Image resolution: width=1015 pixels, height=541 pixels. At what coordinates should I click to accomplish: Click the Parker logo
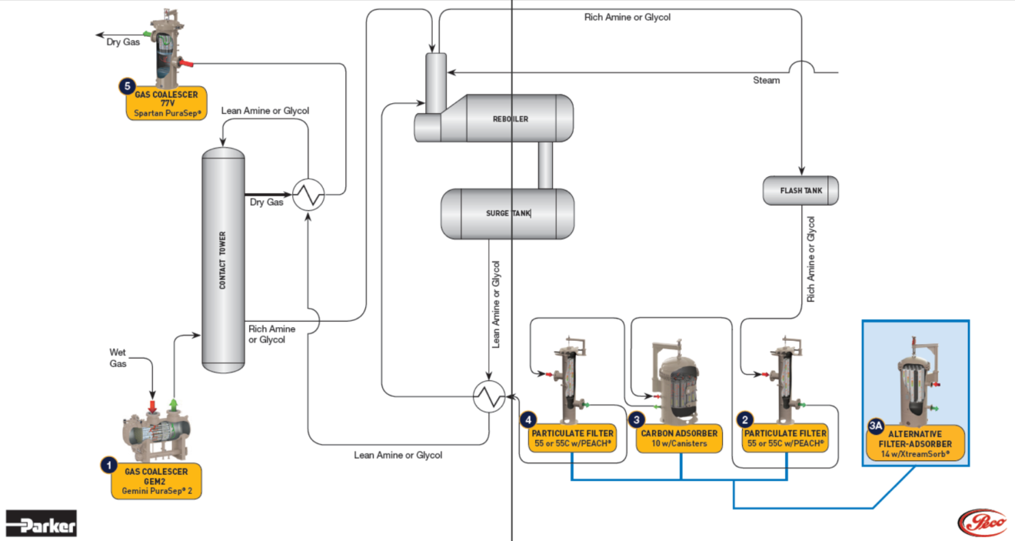[x=42, y=524]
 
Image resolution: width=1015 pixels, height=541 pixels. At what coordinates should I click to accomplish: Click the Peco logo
[x=982, y=523]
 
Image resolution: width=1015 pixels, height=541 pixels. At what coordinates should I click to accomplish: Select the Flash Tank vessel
[x=800, y=191]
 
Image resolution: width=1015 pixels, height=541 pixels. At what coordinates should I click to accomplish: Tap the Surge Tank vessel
[x=507, y=213]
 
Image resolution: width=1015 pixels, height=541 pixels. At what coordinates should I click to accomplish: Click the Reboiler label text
[x=511, y=119]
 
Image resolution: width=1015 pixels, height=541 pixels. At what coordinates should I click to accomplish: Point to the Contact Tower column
[x=223, y=259]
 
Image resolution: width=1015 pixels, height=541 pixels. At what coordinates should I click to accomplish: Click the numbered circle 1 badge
[x=110, y=465]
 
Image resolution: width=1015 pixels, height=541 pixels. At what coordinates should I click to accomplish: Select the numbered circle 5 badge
[x=126, y=86]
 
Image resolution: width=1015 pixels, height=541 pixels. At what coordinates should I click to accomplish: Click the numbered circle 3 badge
[x=636, y=419]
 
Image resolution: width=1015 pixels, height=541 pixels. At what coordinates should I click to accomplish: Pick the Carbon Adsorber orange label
[x=680, y=439]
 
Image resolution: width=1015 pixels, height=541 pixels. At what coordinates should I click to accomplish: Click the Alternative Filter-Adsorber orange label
[x=914, y=444]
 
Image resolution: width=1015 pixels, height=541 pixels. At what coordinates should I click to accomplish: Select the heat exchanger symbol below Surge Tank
[x=488, y=396]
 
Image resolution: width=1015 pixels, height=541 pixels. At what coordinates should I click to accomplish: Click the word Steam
[x=766, y=80]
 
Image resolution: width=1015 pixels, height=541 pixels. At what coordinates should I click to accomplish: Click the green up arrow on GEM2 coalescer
[x=174, y=404]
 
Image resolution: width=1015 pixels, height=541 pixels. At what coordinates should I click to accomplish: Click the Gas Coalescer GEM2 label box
[x=156, y=481]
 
